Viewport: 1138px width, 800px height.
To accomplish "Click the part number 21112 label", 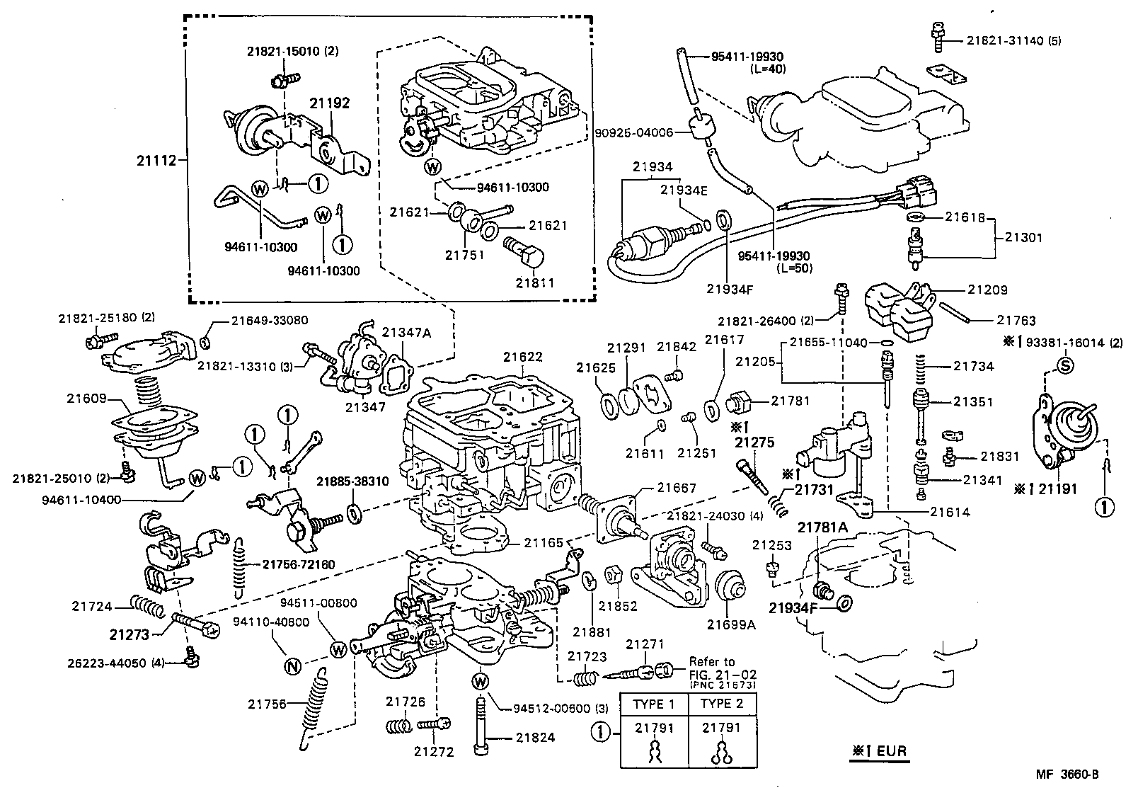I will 155,161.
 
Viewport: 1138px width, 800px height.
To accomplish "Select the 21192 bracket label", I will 329,103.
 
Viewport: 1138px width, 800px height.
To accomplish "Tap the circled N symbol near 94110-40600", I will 292,665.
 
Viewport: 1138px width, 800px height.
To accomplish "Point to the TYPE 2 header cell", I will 722,704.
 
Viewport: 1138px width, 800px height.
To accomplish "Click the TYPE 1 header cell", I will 654,704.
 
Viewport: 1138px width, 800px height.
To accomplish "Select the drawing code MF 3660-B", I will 1068,775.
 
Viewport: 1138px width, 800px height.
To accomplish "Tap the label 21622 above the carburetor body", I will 522,357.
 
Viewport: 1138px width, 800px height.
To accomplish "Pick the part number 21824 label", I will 535,738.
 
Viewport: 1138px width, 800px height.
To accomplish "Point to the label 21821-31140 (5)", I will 1013,41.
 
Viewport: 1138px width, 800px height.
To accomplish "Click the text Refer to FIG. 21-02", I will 711,668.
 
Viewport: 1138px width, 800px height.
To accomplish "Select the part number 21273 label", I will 129,634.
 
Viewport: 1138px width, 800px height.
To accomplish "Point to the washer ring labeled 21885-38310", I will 356,511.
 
